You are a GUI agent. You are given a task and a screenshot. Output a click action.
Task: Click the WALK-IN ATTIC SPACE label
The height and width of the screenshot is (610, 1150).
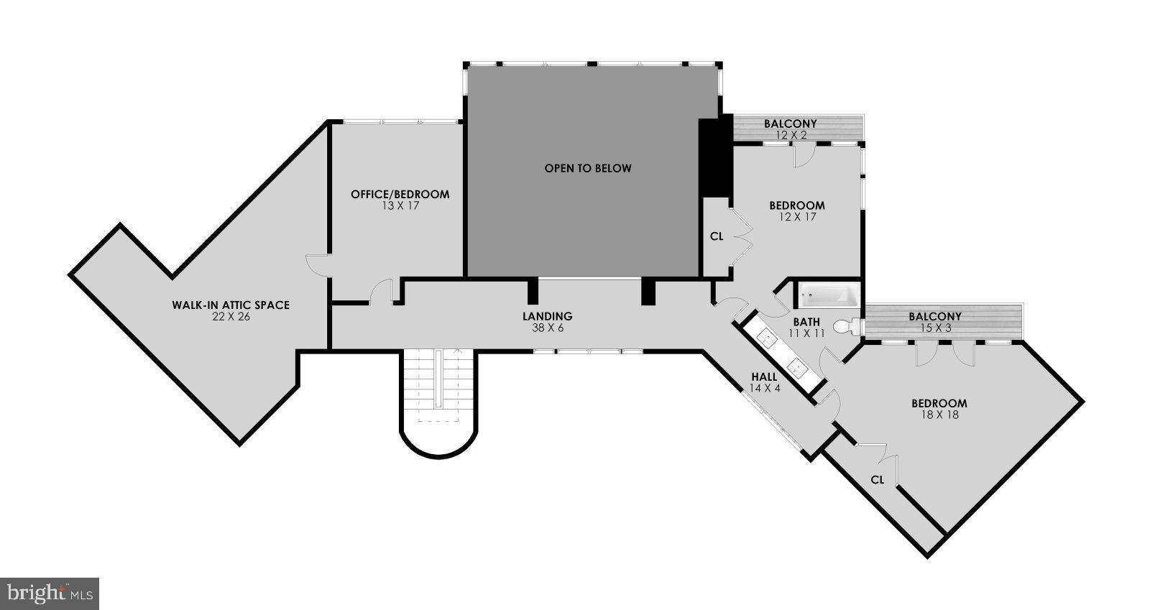(x=230, y=305)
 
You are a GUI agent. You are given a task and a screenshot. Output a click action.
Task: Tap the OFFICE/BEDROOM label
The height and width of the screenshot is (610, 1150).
(x=400, y=194)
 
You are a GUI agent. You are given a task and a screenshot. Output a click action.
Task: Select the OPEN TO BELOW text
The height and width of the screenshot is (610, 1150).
(x=587, y=168)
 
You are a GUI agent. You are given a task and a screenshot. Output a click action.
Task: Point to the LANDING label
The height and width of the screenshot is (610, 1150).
(x=547, y=316)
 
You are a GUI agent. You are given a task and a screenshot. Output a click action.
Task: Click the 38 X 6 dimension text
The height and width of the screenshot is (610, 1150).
(x=547, y=328)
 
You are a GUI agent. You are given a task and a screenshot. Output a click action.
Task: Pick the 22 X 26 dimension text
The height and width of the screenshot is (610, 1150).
(x=230, y=316)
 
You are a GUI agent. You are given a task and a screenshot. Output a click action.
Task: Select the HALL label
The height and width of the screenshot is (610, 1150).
(x=764, y=376)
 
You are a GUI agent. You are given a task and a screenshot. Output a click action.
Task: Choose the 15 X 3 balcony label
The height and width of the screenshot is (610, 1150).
(x=934, y=328)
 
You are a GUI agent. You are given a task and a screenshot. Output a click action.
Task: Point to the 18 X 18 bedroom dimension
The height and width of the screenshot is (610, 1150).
(x=939, y=415)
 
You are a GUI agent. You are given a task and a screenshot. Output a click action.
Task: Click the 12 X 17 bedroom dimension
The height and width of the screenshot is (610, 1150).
(x=796, y=216)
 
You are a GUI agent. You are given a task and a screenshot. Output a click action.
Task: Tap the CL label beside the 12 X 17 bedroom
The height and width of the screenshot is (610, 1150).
(x=716, y=236)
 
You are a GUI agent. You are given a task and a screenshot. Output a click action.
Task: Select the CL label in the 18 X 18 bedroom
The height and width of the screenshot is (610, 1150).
(x=877, y=479)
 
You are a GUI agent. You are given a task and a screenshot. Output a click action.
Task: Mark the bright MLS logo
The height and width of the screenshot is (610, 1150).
(x=50, y=593)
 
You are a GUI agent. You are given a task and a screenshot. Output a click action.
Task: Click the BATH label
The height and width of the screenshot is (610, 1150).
(x=806, y=322)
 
